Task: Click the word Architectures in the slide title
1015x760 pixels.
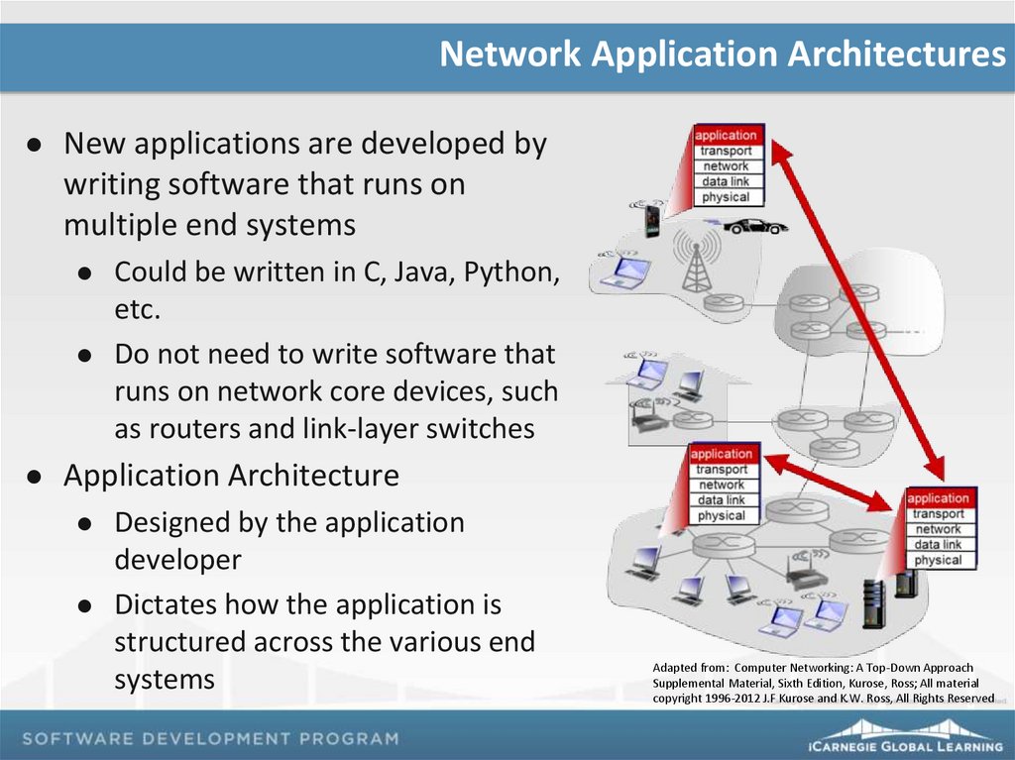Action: pyautogui.click(x=896, y=54)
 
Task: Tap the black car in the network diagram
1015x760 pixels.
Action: pyautogui.click(x=754, y=226)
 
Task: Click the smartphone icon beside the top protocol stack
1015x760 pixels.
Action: pyautogui.click(x=652, y=219)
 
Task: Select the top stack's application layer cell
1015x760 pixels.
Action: pyautogui.click(x=726, y=135)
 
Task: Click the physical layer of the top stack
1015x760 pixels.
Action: pyautogui.click(x=726, y=197)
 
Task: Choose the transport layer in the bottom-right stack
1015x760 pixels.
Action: pyautogui.click(x=938, y=513)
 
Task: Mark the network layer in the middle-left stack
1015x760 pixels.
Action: pyautogui.click(x=722, y=485)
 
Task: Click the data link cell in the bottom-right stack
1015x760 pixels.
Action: pyautogui.click(x=938, y=544)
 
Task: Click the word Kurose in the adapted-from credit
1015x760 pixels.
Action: pyautogui.click(x=899, y=683)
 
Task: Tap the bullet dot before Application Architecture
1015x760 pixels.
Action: pyautogui.click(x=34, y=477)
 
